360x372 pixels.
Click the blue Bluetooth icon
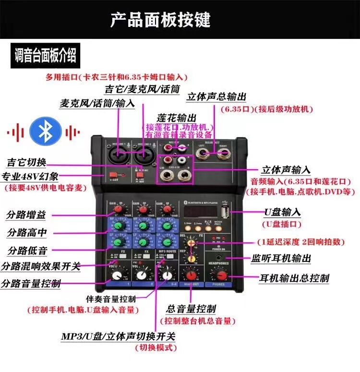[45, 132]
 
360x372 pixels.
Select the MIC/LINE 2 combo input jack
[143, 155]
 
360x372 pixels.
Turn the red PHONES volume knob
[221, 275]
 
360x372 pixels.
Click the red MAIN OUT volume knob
[192, 274]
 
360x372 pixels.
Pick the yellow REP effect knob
[192, 259]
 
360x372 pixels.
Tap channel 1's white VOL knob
[116, 275]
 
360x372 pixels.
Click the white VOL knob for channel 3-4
[166, 275]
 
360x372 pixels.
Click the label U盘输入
[282, 212]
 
